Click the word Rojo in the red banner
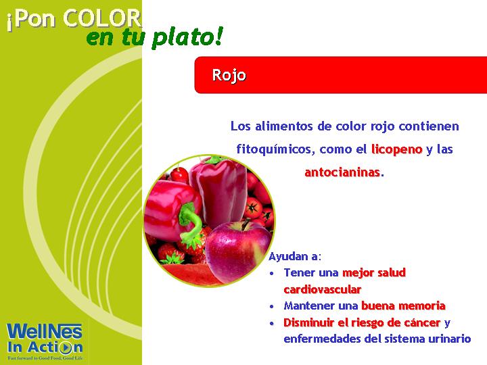(229, 75)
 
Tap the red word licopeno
(397, 149)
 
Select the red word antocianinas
(342, 172)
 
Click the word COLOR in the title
(102, 19)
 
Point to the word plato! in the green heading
(187, 38)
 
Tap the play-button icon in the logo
(66, 347)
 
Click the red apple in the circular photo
(238, 251)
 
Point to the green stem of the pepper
(189, 221)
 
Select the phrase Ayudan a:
(294, 257)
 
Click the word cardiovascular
(323, 289)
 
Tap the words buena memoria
(403, 306)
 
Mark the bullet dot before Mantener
(272, 307)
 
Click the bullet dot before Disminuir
(272, 323)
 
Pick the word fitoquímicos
(274, 149)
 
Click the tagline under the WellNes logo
(45, 358)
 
